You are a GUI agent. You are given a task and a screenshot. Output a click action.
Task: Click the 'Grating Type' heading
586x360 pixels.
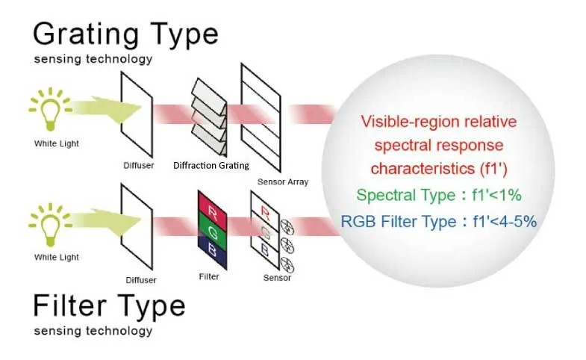click(125, 34)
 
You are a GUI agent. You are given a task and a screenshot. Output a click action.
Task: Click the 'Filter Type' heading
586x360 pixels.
click(109, 306)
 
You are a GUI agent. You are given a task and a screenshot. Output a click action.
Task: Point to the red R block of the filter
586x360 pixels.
click(209, 202)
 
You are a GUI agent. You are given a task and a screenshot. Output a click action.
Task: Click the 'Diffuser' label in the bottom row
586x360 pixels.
click(141, 280)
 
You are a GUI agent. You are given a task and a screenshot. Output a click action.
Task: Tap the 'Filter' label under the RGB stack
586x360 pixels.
click(209, 275)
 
